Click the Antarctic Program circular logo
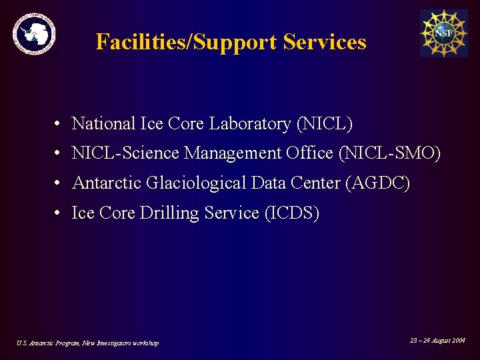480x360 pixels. pos(34,33)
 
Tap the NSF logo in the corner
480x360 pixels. pos(443,33)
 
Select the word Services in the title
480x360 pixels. pos(325,42)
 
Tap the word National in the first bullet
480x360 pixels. pos(103,124)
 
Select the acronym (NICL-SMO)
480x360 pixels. pos(390,153)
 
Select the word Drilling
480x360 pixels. pos(166,213)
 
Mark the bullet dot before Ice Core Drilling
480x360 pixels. pos(59,213)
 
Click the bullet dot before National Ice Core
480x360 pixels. pos(59,124)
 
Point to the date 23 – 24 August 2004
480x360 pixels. pos(437,341)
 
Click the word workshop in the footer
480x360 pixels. pos(145,343)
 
